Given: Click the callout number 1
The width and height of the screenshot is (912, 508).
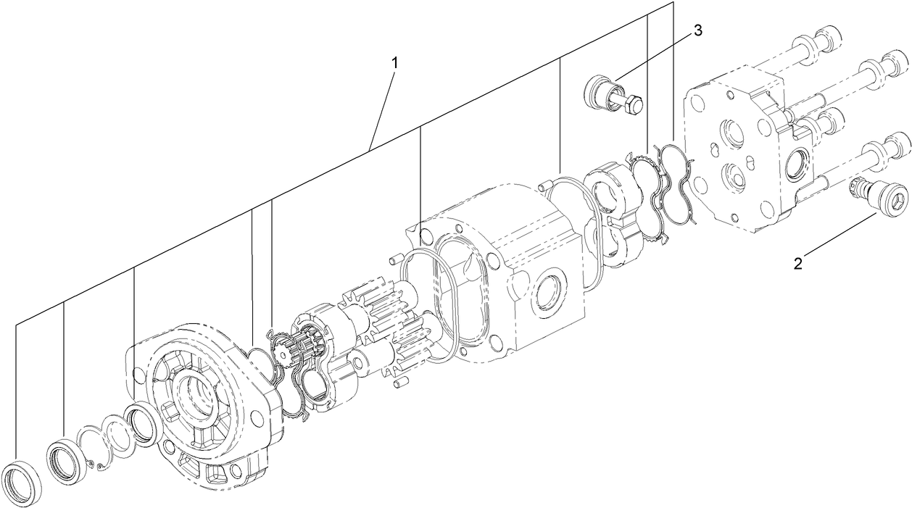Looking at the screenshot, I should coord(395,63).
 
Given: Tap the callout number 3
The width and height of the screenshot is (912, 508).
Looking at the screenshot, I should coord(697,30).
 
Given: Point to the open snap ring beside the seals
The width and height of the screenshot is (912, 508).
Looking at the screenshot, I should coord(92,449).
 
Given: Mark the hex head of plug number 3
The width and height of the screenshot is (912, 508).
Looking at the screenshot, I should coord(632,106).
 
